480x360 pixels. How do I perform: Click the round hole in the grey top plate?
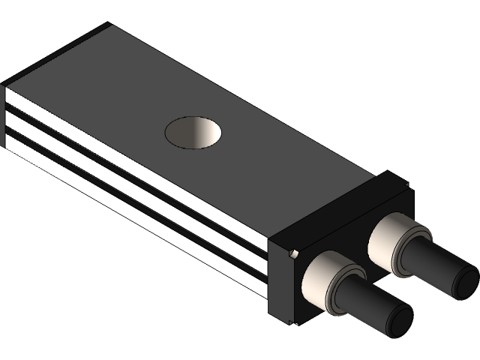[x=194, y=133]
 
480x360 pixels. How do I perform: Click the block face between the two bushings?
[x=352, y=255]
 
